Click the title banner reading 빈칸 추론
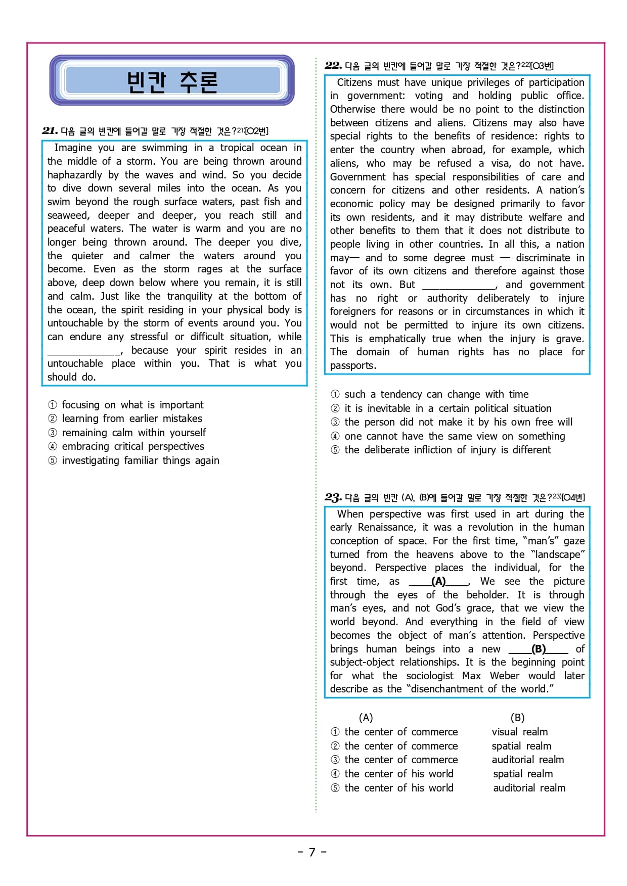click(172, 81)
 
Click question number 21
click(50, 131)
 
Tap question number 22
click(333, 65)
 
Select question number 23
click(333, 497)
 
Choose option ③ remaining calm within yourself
click(133, 433)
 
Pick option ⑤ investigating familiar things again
click(140, 460)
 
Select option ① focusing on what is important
click(132, 405)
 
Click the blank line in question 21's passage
click(84, 351)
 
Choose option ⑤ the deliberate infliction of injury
click(447, 450)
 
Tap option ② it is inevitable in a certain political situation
click(447, 408)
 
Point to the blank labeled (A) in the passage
click(438, 582)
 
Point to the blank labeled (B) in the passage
click(539, 649)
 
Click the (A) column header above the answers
click(366, 718)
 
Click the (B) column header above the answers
click(517, 718)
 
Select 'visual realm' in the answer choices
click(520, 732)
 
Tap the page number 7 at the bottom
click(312, 853)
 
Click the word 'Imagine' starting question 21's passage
click(73, 148)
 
